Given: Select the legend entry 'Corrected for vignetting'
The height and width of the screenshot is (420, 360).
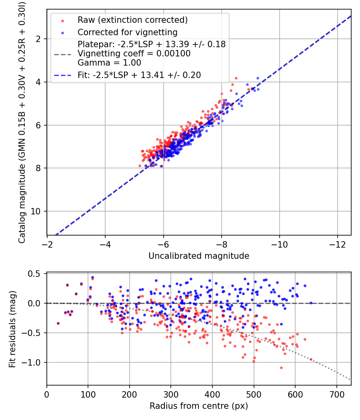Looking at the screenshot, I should tap(127, 32).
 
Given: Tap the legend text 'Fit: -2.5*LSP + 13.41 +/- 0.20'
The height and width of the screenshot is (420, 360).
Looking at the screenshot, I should tap(139, 74).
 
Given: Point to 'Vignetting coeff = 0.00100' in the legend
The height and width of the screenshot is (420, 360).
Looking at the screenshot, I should tap(134, 53).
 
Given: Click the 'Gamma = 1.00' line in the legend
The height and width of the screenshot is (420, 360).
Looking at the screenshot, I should tap(109, 62).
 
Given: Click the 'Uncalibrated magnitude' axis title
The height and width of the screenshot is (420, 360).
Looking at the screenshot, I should tap(199, 256).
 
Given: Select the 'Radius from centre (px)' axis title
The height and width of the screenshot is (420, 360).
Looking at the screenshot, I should tap(199, 406).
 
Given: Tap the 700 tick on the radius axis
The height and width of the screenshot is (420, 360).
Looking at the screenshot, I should tap(336, 394).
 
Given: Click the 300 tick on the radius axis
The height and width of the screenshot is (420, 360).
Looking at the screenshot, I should tap(171, 394).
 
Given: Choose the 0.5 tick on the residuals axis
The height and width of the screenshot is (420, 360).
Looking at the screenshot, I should tap(35, 274).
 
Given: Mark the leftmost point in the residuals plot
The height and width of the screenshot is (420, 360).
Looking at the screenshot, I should tap(58, 323).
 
